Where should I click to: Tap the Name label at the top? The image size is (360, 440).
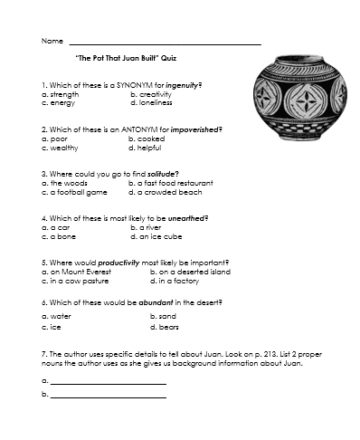point(52,42)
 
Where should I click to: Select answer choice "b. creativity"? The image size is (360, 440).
point(150,93)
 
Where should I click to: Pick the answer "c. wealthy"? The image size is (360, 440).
point(60,147)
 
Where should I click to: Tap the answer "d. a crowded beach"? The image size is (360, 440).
point(165,192)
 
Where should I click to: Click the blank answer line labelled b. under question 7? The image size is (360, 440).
point(108,396)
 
